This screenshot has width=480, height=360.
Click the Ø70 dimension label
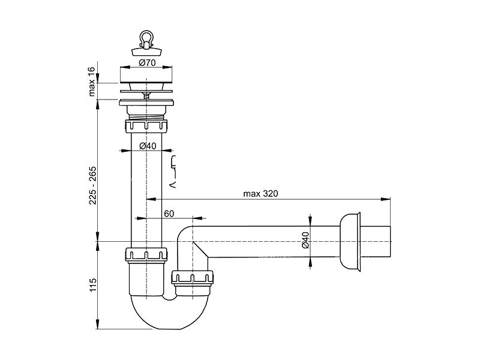click(x=147, y=63)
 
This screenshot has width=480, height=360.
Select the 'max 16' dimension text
click(x=92, y=82)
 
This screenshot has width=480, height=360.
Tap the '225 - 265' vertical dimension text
click(x=92, y=185)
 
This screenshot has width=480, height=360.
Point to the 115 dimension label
click(x=93, y=284)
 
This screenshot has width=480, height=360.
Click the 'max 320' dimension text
click(x=260, y=193)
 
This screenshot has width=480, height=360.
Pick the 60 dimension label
click(x=169, y=214)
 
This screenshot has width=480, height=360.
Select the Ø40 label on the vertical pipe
click(x=148, y=146)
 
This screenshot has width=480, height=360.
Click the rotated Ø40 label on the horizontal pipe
click(x=305, y=240)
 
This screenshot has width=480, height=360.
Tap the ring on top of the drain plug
click(x=146, y=37)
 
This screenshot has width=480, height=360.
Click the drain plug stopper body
click(x=146, y=51)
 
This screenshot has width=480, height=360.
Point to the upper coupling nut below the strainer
click(x=146, y=126)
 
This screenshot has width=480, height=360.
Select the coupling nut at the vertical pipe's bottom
click(x=146, y=254)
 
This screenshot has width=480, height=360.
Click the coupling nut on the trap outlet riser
click(x=192, y=278)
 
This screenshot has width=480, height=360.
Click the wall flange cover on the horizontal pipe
click(x=351, y=242)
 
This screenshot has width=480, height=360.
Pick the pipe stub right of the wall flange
click(x=376, y=242)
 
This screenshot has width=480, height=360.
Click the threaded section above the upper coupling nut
click(x=146, y=116)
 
